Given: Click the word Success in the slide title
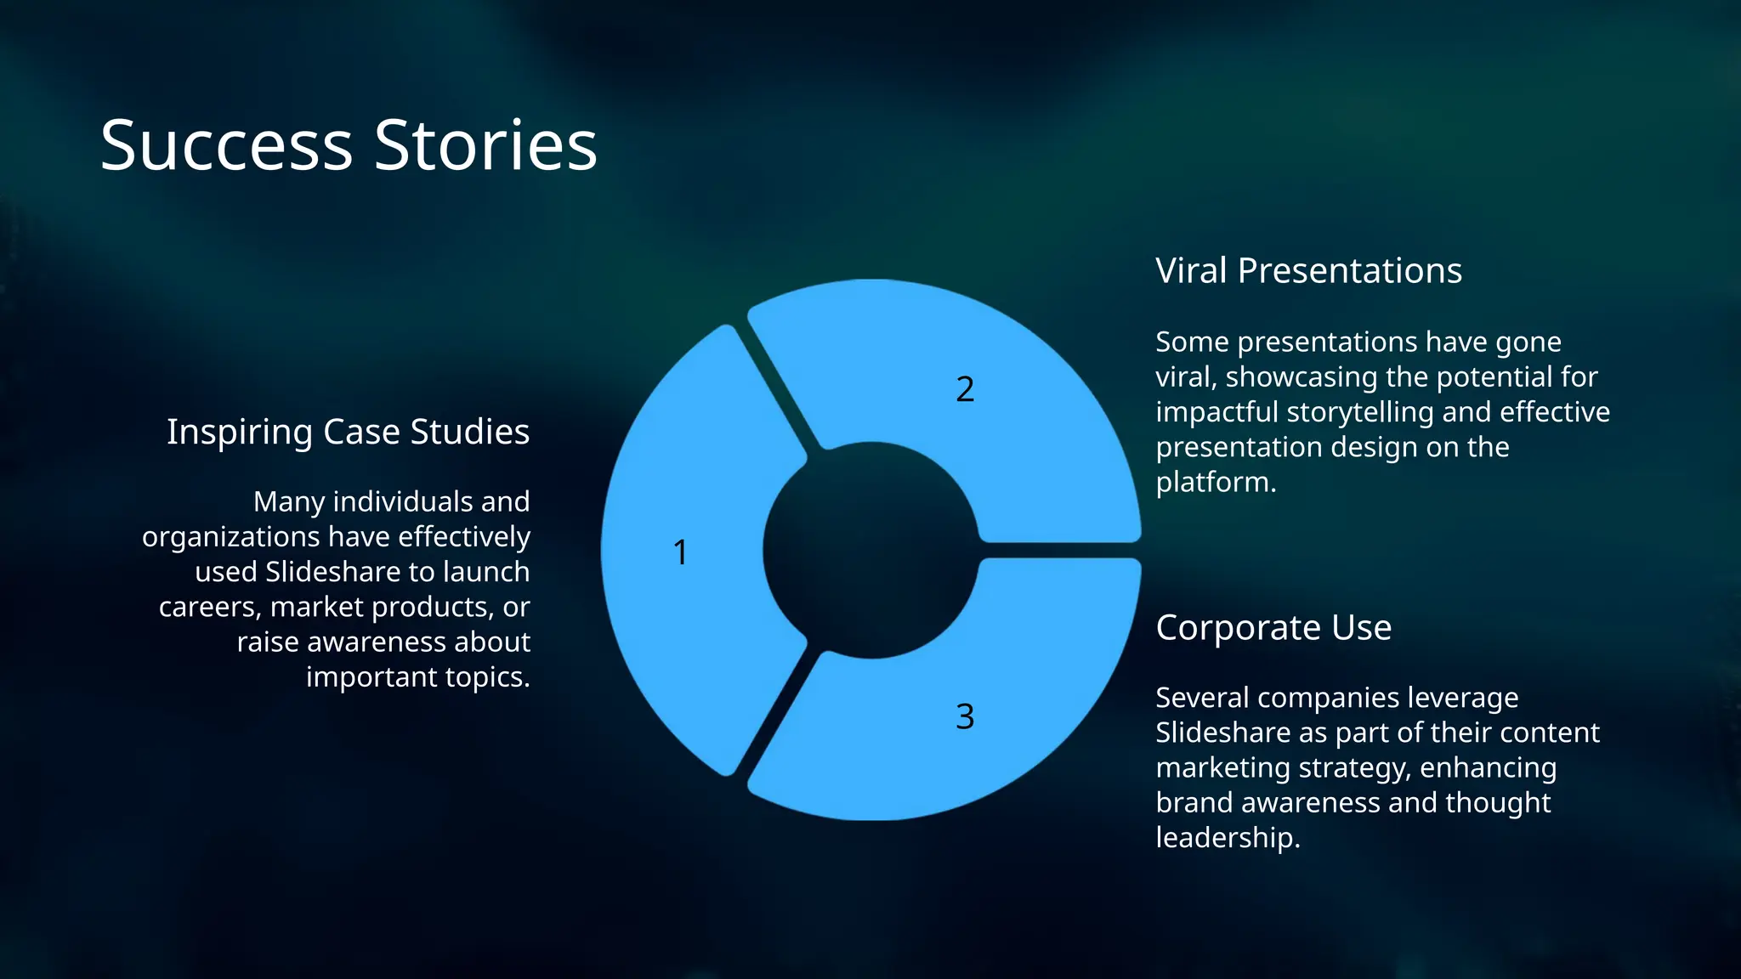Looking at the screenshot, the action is coord(226,145).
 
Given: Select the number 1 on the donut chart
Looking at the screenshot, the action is coord(680,552).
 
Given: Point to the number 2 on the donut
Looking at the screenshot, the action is coord(965,389).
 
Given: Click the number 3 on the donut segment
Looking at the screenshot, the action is coord(965,716).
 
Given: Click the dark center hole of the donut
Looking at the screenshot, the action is coord(870,551).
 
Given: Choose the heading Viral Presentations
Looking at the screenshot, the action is coord(1308,271).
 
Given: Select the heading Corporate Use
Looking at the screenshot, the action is coord(1273,628).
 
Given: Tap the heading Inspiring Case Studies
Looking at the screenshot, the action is coord(348,432).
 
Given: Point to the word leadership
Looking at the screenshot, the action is coord(1226,838).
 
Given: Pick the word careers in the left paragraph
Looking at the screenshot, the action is coord(209,607).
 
